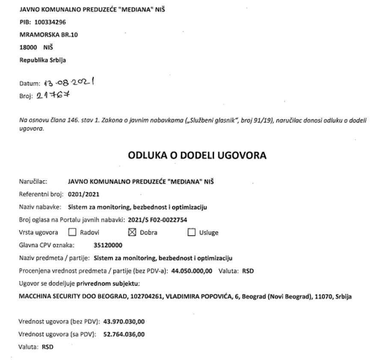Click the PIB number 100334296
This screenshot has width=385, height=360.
tap(50, 22)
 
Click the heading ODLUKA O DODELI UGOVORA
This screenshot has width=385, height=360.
tap(197, 155)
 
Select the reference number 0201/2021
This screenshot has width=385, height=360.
tap(84, 194)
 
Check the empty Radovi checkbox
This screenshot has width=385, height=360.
tap(72, 232)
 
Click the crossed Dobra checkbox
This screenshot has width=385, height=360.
tap(132, 232)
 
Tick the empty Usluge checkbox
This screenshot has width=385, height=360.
tap(191, 232)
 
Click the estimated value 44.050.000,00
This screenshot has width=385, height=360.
tap(192, 271)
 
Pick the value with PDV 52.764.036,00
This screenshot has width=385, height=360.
tap(124, 334)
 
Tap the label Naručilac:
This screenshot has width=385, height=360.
tap(33, 181)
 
